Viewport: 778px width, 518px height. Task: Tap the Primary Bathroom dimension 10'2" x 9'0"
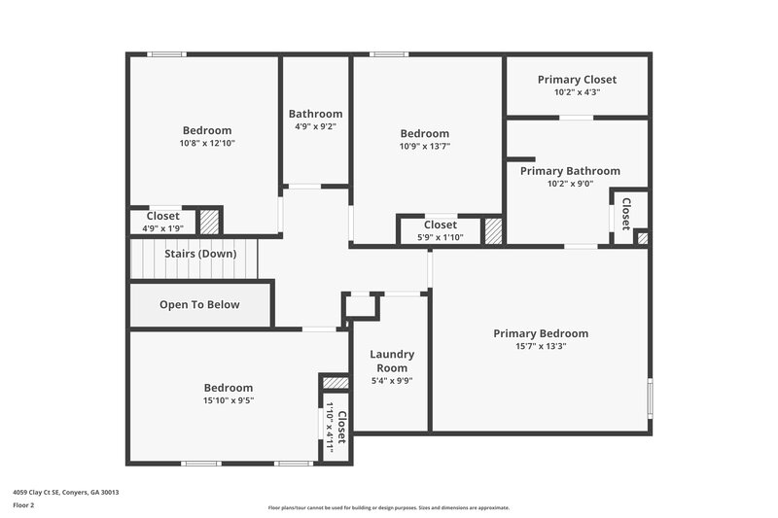(569, 183)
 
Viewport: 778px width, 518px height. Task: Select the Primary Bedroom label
(540, 333)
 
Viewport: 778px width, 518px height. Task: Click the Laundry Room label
(392, 361)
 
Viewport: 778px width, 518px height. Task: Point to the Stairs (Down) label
(198, 254)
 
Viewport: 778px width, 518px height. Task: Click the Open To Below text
(199, 304)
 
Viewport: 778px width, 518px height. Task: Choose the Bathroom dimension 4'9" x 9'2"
(315, 125)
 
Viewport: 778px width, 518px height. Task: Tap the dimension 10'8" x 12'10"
(207, 143)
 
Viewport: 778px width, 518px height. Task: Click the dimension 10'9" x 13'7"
(424, 146)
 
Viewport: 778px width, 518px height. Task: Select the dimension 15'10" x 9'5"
(229, 399)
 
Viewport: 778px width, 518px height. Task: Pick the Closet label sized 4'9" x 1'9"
(162, 216)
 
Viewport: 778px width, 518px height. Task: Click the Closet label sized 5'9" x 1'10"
(440, 224)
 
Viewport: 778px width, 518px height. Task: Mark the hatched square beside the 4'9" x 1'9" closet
(209, 222)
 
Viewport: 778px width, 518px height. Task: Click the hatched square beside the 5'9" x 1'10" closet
(493, 230)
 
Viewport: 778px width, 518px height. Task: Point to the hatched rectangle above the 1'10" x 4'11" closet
(335, 383)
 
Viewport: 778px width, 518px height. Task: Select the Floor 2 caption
(23, 505)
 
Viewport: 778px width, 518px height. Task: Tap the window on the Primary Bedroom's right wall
(650, 397)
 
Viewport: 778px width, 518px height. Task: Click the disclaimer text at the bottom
(388, 507)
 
